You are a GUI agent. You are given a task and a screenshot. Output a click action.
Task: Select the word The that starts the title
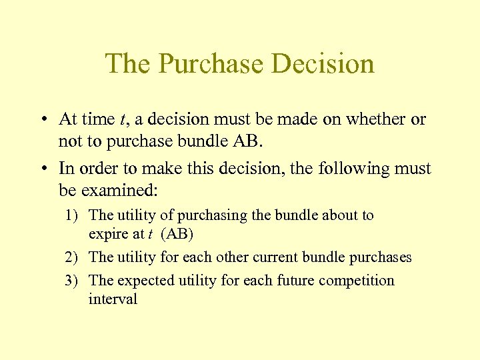[x=129, y=64]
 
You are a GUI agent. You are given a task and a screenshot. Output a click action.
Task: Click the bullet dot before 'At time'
[x=42, y=120]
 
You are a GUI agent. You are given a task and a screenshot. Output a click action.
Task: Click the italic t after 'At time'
[x=122, y=120]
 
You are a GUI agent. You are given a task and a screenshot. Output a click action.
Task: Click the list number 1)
[x=73, y=215]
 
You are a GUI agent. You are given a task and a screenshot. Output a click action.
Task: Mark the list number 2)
[x=73, y=257]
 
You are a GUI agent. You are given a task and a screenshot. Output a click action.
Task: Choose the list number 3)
[x=73, y=281]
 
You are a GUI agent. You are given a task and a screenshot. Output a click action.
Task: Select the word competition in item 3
[x=356, y=281]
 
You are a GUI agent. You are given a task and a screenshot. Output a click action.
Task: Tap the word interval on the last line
[x=113, y=299]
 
